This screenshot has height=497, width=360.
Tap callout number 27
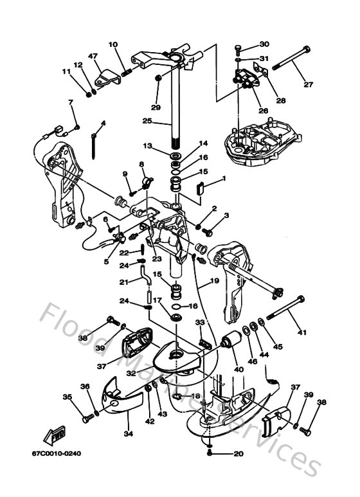point(307,84)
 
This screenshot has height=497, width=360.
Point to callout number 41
point(301,332)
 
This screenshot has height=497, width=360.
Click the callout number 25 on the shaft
point(147,120)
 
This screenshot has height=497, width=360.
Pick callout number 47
point(93,57)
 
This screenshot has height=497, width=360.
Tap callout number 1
point(224,178)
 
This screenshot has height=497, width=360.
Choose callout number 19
point(213,281)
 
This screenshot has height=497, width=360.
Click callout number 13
point(147,147)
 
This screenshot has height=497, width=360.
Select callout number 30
point(264,44)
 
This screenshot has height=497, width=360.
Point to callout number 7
point(71,102)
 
